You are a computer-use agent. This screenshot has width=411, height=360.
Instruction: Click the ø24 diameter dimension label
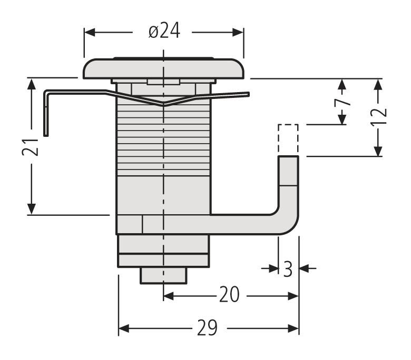coord(164,32)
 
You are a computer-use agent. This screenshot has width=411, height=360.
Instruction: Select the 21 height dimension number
coord(33,147)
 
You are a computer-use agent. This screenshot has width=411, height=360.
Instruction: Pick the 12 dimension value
coord(378,116)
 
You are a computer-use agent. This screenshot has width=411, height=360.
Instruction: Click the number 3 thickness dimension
coord(288,269)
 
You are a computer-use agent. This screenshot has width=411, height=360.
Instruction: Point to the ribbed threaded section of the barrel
coord(163,137)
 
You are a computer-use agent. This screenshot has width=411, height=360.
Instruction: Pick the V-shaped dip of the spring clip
coord(164,103)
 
